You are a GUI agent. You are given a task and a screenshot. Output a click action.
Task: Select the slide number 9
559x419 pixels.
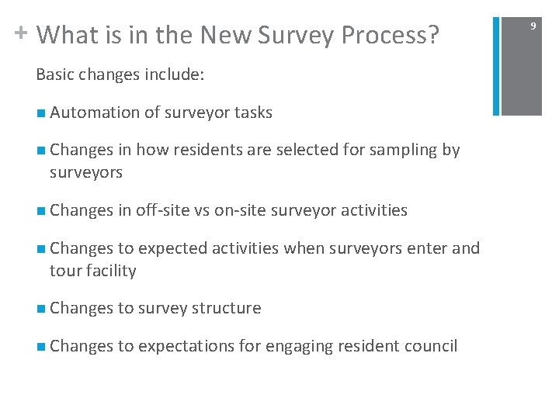(x=533, y=26)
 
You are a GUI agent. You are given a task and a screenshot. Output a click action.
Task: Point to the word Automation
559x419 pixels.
(x=95, y=113)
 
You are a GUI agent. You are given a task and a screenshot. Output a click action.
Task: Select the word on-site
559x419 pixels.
(x=252, y=209)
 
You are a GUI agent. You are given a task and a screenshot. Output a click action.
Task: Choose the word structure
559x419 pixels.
(x=224, y=308)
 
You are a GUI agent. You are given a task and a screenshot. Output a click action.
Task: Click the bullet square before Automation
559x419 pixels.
(x=40, y=113)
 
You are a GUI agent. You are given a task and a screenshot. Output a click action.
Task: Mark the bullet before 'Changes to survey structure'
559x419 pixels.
(x=40, y=309)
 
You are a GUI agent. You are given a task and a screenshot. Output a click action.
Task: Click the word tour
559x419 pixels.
(x=63, y=270)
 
